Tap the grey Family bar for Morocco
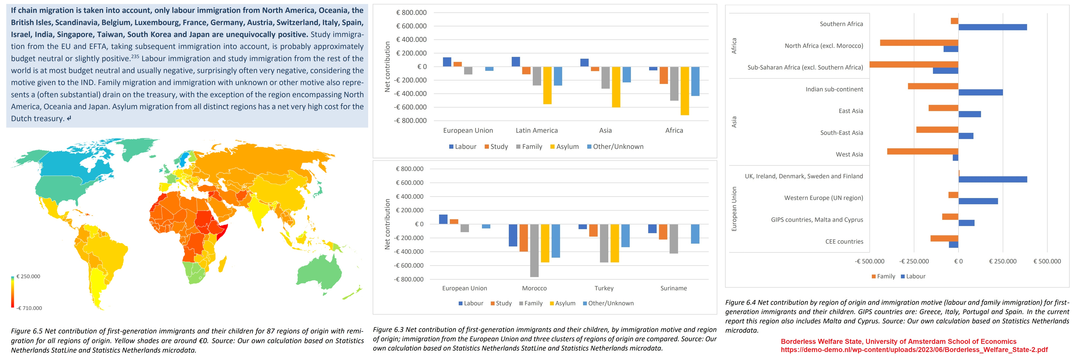click(534, 250)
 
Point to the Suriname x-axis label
click(673, 288)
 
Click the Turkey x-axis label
click(604, 288)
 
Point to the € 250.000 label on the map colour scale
click(28, 277)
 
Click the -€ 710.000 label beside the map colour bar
click(29, 308)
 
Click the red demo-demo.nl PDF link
click(914, 350)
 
